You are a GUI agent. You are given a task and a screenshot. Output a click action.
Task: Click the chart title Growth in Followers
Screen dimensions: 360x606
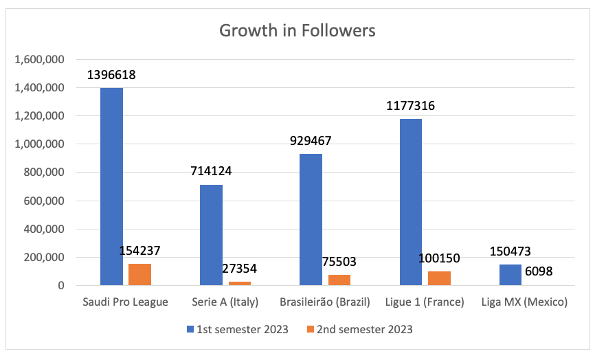point(298,31)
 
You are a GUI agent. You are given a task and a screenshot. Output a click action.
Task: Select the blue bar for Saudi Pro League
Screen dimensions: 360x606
point(111,186)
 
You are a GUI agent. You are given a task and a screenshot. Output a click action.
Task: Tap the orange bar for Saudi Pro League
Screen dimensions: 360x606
point(139,274)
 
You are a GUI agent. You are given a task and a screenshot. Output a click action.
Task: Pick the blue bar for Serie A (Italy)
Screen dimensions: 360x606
point(211,235)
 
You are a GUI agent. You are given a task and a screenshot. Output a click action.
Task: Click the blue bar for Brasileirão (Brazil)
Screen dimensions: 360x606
point(311,219)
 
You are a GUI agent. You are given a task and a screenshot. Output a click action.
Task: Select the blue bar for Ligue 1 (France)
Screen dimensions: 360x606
point(411,202)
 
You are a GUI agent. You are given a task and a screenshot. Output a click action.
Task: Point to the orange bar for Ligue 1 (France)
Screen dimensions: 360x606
point(439,278)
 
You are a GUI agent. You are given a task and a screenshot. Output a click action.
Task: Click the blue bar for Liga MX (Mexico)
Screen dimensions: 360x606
point(510,275)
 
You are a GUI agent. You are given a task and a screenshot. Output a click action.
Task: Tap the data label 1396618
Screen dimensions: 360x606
point(111,75)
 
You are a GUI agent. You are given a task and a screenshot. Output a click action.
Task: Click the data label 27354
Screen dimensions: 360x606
point(239,269)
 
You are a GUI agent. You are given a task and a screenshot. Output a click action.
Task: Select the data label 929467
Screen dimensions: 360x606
point(311,141)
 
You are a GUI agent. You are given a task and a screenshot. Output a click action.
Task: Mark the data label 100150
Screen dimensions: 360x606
point(438,258)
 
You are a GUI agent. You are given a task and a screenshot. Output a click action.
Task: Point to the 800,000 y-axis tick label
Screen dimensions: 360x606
point(43,172)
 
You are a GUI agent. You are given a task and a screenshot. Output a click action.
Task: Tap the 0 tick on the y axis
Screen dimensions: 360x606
point(60,286)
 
